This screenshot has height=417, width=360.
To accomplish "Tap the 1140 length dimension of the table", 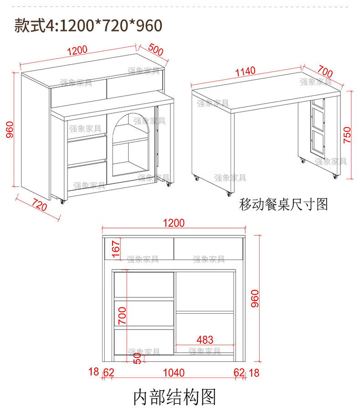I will coord(245,72).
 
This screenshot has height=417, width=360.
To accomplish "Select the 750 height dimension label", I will coord(347,135).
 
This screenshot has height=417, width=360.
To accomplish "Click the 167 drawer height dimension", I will coord(116,249).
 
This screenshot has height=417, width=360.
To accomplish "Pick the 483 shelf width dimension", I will coord(205,340).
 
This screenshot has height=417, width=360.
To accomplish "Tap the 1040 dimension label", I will coord(174,373).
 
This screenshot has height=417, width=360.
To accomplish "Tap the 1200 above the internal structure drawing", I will coord(174,223).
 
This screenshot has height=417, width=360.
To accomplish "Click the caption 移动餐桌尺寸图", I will coord(283,203).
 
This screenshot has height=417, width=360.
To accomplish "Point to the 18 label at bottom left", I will coord(94,373).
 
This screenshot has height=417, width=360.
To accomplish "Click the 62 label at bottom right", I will coord(239,373).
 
